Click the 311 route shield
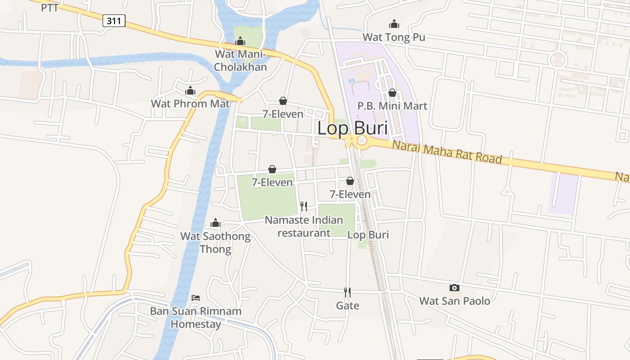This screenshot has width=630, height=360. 113,20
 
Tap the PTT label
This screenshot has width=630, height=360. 49,8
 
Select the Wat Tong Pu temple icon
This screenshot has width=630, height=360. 394,24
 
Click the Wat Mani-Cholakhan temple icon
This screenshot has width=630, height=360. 240,41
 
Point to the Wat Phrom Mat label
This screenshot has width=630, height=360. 190,103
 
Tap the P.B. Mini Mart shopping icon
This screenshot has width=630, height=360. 392,93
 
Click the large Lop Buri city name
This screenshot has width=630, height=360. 352,128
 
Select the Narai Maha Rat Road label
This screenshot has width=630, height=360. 446,152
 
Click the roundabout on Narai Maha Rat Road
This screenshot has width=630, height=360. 362,141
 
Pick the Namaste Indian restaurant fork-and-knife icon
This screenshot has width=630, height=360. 304,207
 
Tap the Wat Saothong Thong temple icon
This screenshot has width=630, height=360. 216,223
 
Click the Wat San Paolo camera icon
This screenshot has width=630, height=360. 454,288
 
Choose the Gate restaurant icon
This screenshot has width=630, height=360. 347,292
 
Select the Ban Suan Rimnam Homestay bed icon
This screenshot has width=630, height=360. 196,297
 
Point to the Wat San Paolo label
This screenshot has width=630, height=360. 454,301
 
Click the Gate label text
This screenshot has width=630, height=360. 347,306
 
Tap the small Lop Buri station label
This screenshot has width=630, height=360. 368,235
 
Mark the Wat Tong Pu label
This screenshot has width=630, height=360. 394,37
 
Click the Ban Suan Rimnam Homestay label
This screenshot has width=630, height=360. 196,317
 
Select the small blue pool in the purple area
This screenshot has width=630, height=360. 351,80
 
